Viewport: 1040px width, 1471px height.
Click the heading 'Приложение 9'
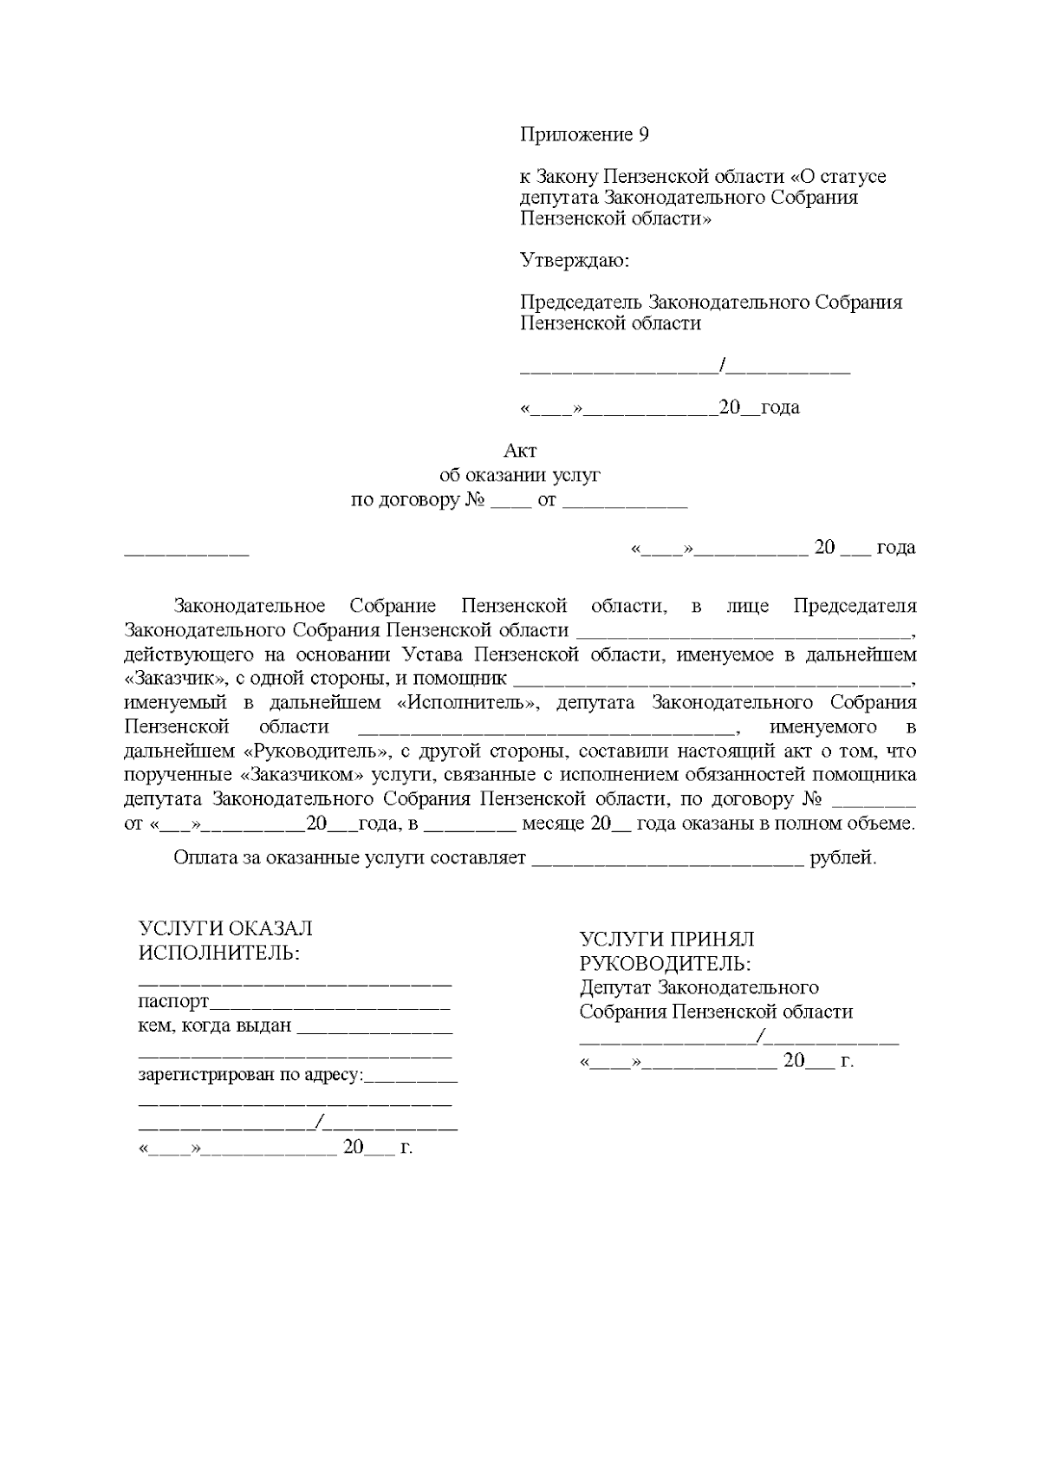click(584, 135)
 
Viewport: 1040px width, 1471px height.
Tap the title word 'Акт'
click(520, 451)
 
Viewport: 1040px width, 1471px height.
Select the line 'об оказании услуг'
click(520, 475)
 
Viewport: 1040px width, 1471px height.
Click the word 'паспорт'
click(174, 1002)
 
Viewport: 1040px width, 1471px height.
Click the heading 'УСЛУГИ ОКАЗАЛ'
click(225, 928)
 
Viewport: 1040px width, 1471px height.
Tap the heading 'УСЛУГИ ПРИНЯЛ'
click(666, 939)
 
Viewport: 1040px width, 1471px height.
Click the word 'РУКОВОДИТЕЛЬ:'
click(665, 963)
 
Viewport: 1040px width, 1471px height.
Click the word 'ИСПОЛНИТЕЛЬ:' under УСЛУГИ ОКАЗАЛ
click(220, 953)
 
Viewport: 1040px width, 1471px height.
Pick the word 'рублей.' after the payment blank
click(843, 859)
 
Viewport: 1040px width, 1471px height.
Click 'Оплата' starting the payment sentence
click(201, 859)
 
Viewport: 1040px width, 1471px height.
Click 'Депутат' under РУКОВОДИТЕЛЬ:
click(615, 987)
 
